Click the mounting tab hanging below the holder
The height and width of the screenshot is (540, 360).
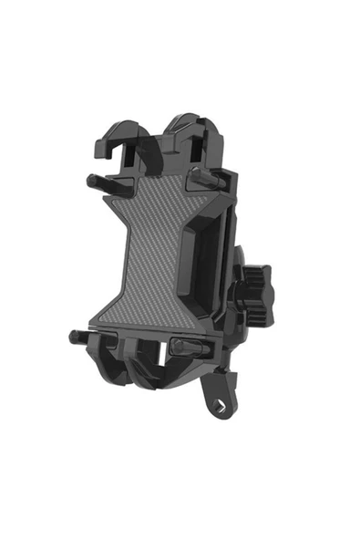[219, 397]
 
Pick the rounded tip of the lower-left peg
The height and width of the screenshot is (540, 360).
[73, 336]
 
